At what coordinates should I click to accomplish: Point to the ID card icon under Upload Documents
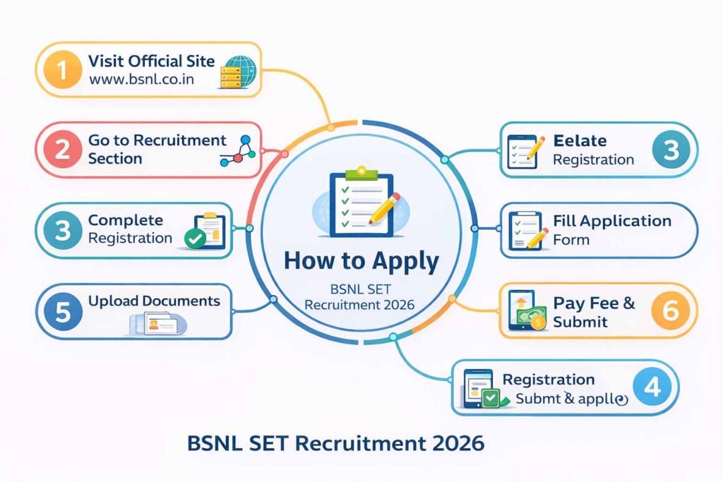tap(157, 325)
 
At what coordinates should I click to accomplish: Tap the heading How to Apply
tap(361, 261)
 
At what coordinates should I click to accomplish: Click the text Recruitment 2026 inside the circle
tap(360, 305)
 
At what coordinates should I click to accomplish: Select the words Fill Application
tap(611, 221)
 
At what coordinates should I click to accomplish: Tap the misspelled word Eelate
tap(580, 140)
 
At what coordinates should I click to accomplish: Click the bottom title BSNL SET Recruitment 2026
tap(335, 443)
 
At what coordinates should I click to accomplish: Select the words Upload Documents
tap(154, 301)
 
